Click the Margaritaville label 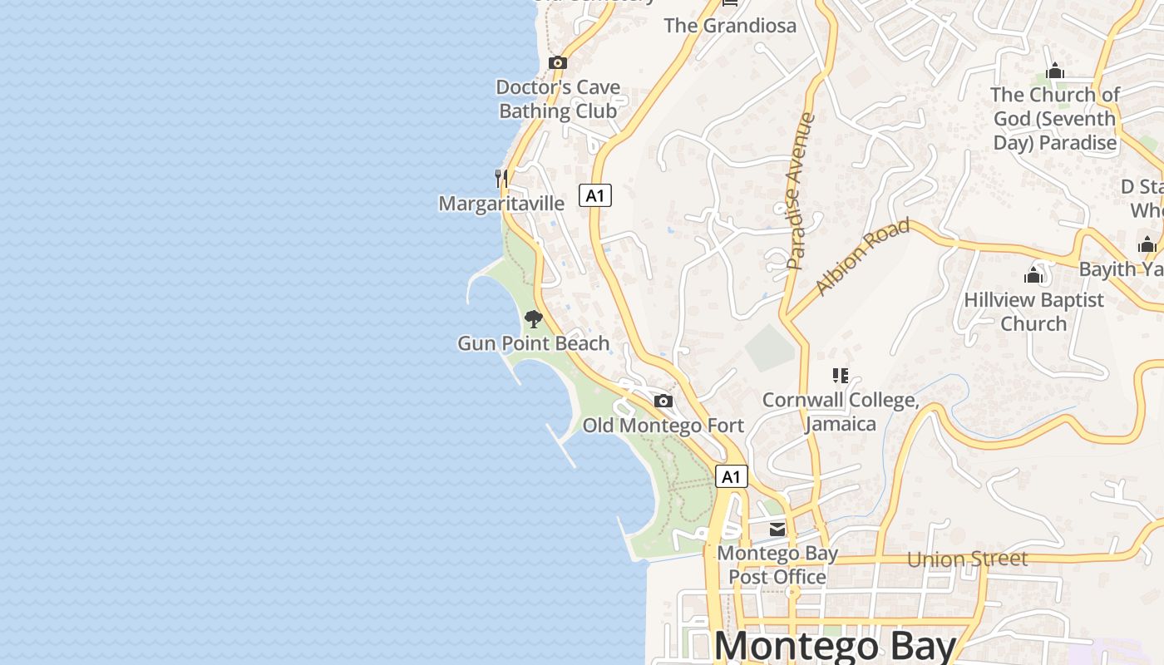(x=501, y=204)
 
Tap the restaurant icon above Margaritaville (x=501, y=178)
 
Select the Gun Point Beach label (x=534, y=343)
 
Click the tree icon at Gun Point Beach (x=534, y=319)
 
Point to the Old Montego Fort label (x=663, y=426)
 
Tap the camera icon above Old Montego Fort (x=663, y=401)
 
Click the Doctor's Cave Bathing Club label (x=558, y=99)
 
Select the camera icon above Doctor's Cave (x=558, y=62)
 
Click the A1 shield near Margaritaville (x=595, y=195)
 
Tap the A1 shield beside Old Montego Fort (x=731, y=476)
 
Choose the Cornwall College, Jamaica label (x=841, y=412)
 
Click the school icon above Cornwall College (x=841, y=376)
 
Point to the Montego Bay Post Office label (x=777, y=564)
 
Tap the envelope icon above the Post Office (x=777, y=530)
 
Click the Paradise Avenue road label (x=801, y=191)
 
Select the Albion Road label (x=863, y=257)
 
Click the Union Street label (x=967, y=559)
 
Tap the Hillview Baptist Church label (x=1033, y=312)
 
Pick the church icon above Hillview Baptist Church (x=1033, y=275)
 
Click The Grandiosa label (x=730, y=26)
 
